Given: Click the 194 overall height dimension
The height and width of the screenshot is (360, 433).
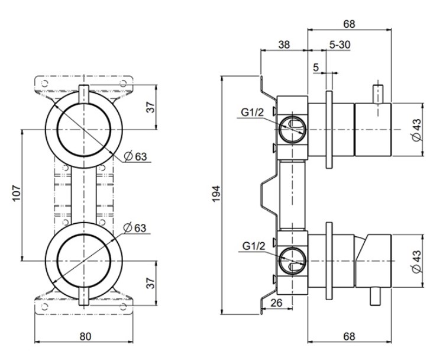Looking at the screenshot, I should [217, 193].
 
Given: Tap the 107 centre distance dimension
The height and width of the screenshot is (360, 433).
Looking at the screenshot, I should [16, 194].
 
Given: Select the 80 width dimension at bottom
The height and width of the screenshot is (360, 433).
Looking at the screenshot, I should [85, 336].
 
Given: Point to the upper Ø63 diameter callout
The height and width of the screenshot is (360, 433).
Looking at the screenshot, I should [136, 157].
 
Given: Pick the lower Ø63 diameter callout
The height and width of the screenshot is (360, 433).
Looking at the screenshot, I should [135, 229].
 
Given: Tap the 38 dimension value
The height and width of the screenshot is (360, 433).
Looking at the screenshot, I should [284, 44].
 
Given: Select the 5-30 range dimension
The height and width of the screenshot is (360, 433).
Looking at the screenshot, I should [340, 44].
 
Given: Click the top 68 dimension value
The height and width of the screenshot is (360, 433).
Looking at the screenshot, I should [349, 24].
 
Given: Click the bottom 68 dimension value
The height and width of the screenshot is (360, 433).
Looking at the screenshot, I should [349, 336].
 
